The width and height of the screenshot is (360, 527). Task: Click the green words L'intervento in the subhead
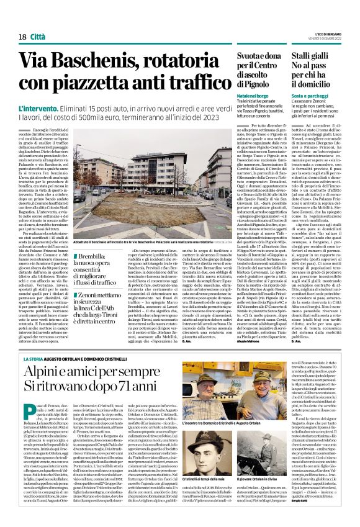click(40, 108)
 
